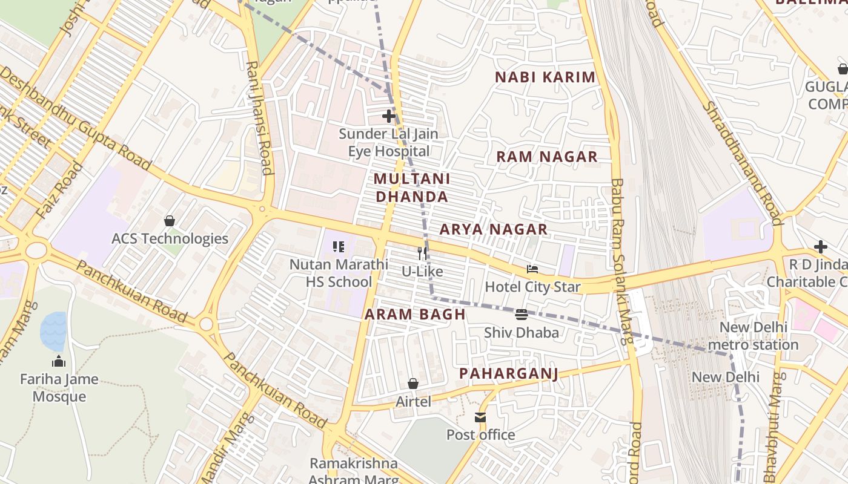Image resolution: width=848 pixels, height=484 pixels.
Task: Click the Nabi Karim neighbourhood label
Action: (545, 77)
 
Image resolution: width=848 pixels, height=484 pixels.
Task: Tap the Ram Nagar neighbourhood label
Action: (547, 157)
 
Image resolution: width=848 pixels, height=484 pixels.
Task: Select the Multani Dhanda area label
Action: (412, 188)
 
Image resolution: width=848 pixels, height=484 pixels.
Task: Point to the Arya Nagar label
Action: (494, 229)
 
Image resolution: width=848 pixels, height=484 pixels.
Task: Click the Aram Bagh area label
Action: (415, 315)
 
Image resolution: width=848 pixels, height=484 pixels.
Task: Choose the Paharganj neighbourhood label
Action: (508, 373)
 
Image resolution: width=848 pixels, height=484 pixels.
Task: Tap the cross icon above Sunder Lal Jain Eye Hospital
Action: (389, 116)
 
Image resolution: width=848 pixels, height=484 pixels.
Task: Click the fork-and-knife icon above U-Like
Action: (422, 253)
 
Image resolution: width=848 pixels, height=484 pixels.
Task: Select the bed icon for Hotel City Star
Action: (532, 269)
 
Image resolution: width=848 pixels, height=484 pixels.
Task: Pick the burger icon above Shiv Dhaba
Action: (522, 315)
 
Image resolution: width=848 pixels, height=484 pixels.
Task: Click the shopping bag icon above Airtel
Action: (413, 384)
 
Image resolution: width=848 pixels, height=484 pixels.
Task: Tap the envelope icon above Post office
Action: (480, 417)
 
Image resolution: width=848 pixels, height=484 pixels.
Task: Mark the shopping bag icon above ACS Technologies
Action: (170, 221)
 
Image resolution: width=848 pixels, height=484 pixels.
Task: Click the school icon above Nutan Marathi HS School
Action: (339, 246)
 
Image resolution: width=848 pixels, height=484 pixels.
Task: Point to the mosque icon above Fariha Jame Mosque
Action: (59, 362)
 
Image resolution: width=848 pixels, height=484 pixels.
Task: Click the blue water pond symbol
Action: (53, 331)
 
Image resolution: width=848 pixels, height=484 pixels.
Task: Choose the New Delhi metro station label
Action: (753, 336)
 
